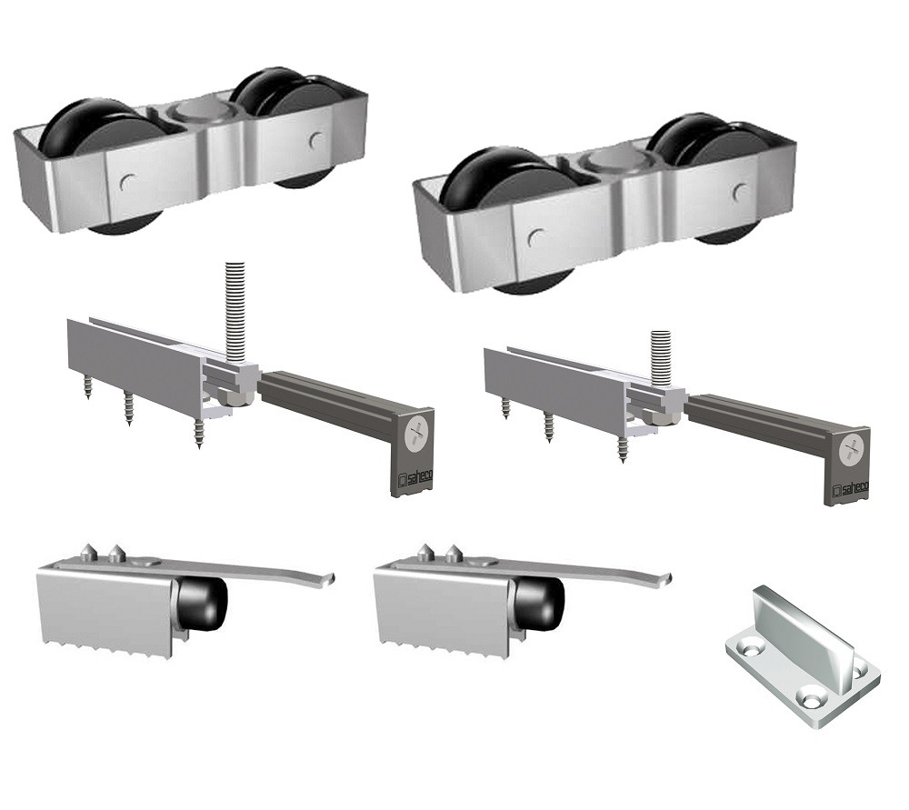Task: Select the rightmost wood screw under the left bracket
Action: click(198, 435)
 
